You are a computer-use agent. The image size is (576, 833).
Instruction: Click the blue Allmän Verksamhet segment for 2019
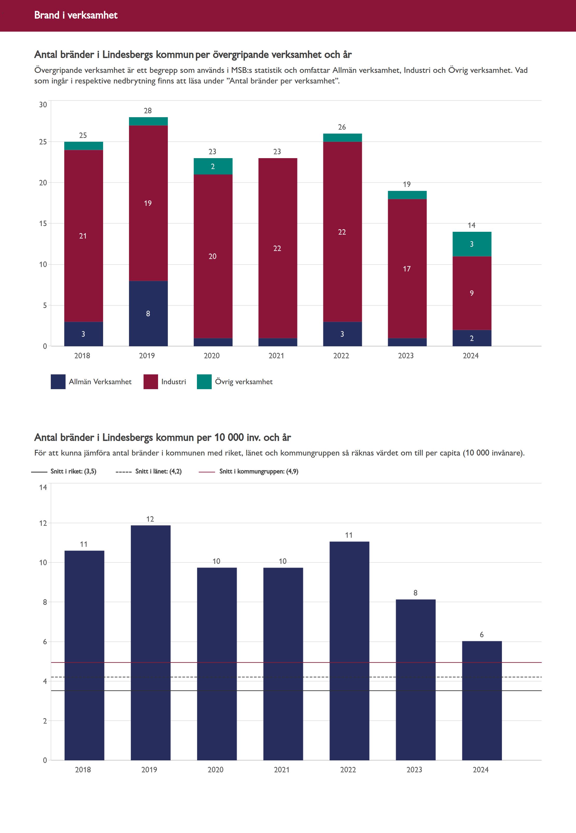[x=148, y=313]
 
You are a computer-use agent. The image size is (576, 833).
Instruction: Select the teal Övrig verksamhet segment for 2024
[x=472, y=244]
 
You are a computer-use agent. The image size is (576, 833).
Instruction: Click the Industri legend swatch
[x=151, y=382]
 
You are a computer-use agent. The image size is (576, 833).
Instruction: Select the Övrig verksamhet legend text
[x=244, y=382]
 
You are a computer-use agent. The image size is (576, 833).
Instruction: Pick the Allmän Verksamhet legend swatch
[x=58, y=382]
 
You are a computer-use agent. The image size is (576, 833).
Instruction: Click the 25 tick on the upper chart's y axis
[x=43, y=142]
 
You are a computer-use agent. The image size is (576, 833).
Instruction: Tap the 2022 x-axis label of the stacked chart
[x=341, y=356]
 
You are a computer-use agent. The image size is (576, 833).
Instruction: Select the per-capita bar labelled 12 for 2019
[x=151, y=643]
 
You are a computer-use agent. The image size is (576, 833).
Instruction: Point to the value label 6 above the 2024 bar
[x=481, y=635]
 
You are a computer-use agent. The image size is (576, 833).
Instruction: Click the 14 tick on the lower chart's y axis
[x=43, y=487]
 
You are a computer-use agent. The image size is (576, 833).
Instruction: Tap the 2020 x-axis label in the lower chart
[x=216, y=769]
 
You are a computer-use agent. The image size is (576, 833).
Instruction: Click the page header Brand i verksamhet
[x=76, y=15]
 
